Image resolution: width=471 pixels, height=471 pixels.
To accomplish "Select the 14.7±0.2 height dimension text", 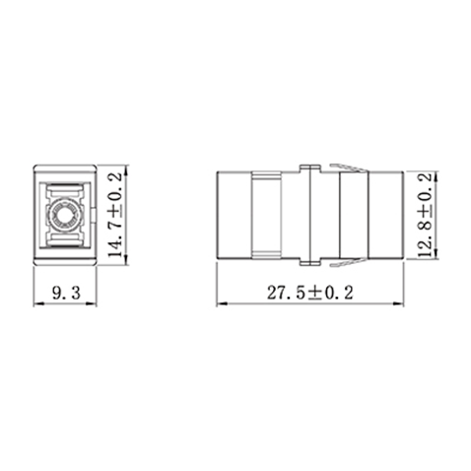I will (x=115, y=215).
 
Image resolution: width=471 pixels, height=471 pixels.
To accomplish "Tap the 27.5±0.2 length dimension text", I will (x=310, y=292).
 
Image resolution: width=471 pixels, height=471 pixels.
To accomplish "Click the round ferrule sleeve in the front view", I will (x=65, y=213).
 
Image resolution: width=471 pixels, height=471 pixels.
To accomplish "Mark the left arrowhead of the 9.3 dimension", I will (x=37, y=303).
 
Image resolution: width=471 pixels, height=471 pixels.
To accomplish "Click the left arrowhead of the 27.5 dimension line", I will (x=220, y=303).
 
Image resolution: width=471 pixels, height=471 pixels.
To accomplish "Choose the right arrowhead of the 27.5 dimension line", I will (x=401, y=303).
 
